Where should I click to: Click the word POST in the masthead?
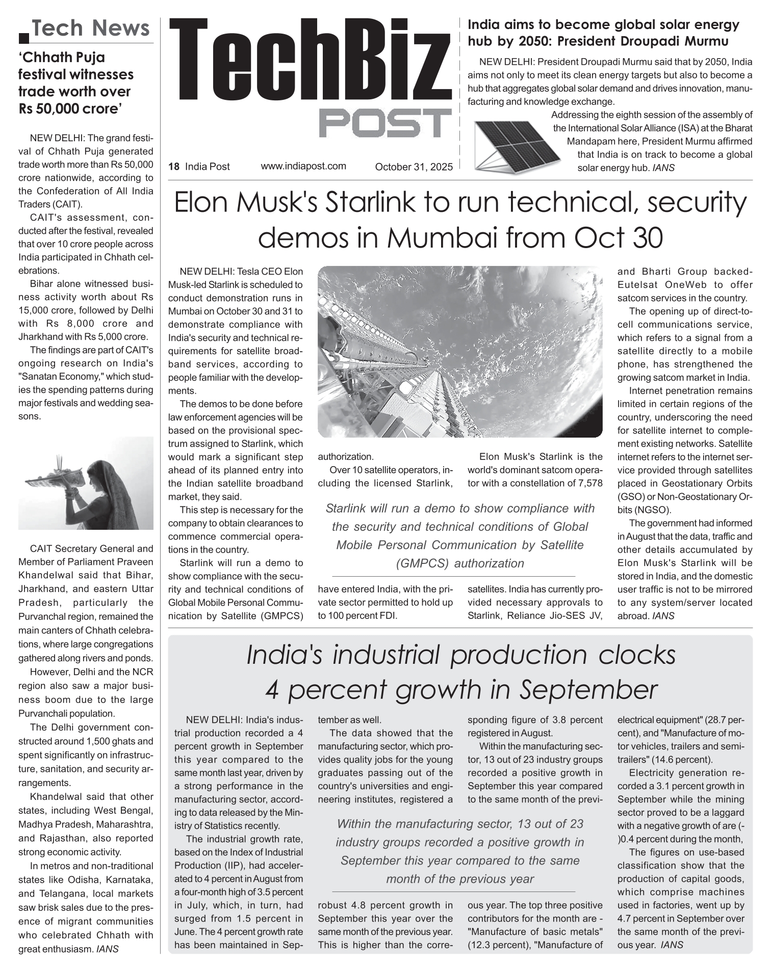[x=385, y=123]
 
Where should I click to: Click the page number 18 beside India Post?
[x=174, y=167]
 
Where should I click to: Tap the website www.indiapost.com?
[x=303, y=166]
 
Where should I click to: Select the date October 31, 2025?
[x=414, y=167]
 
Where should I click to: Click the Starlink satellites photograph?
[x=460, y=352]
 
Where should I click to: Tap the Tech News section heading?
[x=91, y=29]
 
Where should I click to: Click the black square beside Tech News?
[x=23, y=37]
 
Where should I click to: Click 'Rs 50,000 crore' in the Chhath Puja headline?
[x=70, y=109]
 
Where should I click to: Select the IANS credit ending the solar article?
[x=663, y=168]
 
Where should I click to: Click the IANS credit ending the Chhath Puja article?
[x=108, y=949]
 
